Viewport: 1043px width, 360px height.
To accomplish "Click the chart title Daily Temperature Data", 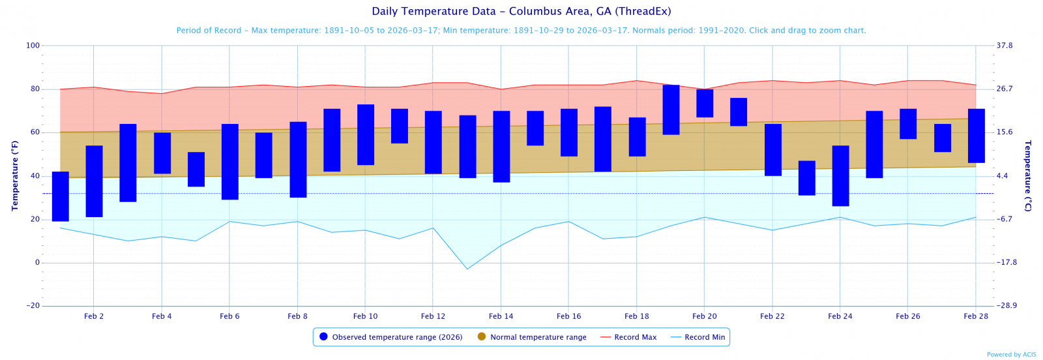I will tap(521, 12).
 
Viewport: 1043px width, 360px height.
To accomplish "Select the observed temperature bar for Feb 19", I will tap(671, 110).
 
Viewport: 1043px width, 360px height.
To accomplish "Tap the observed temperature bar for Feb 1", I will tap(60, 196).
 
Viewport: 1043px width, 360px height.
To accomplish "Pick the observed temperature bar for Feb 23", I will tap(806, 178).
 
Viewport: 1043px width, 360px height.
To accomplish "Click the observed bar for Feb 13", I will tap(467, 147).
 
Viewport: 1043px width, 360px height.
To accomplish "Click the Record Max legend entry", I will tap(628, 337).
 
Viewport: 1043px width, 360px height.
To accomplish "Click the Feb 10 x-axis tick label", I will tap(365, 316).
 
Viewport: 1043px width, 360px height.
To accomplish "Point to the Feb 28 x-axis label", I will tap(975, 316).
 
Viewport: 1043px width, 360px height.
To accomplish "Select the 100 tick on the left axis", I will tap(33, 46).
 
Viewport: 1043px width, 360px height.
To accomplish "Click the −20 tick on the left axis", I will tap(33, 306).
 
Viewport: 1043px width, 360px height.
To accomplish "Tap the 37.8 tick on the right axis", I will tap(1005, 46).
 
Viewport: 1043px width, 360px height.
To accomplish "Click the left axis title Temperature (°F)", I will tap(15, 175).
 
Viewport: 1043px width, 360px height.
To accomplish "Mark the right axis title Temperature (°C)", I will tap(1028, 175).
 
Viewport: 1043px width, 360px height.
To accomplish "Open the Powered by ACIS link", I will tap(1011, 355).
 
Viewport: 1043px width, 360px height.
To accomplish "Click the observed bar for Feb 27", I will tap(942, 138).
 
